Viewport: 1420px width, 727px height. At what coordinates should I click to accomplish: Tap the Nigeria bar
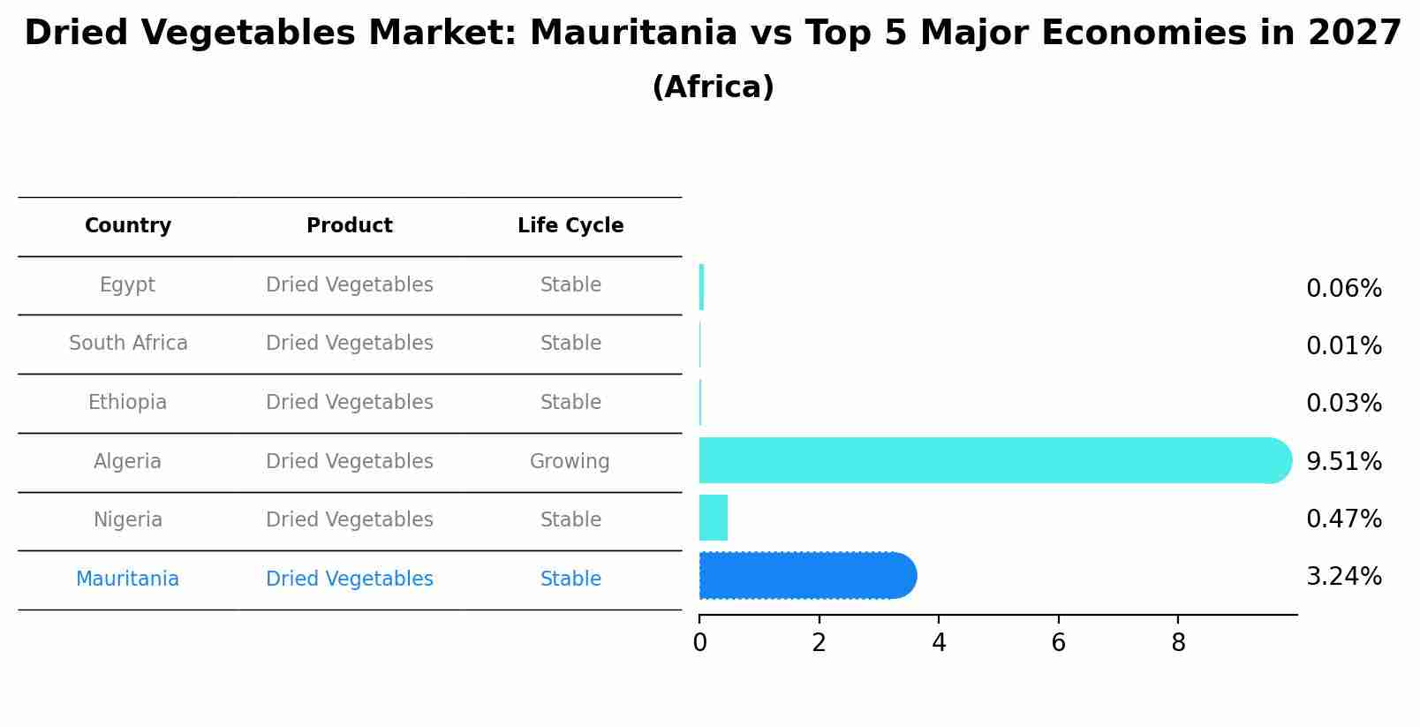714,518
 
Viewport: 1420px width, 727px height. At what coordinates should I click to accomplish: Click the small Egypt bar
701,287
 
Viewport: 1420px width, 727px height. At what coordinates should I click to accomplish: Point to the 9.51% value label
1343,461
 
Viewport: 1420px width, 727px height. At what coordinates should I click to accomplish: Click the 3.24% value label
1343,577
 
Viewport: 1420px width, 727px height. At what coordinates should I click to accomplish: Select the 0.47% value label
1343,519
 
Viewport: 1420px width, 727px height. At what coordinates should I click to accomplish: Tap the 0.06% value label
1343,289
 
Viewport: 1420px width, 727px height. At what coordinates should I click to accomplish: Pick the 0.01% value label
1343,346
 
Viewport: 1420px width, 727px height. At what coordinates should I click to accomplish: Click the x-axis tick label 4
939,643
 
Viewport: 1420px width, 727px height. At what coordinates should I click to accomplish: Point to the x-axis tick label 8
1178,643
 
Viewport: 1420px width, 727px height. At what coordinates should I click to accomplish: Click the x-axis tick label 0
699,643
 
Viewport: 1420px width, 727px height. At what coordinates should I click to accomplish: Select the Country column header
128,226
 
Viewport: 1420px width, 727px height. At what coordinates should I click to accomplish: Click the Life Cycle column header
570,226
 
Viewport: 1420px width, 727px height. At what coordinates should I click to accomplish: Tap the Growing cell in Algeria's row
570,461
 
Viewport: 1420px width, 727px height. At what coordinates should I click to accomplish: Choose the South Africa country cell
128,343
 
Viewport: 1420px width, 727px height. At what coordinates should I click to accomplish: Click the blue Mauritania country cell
127,579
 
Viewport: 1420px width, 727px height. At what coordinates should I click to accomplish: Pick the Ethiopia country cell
127,402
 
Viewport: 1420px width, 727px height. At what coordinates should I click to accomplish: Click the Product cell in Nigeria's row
350,519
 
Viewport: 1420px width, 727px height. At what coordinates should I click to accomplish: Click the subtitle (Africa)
713,87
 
